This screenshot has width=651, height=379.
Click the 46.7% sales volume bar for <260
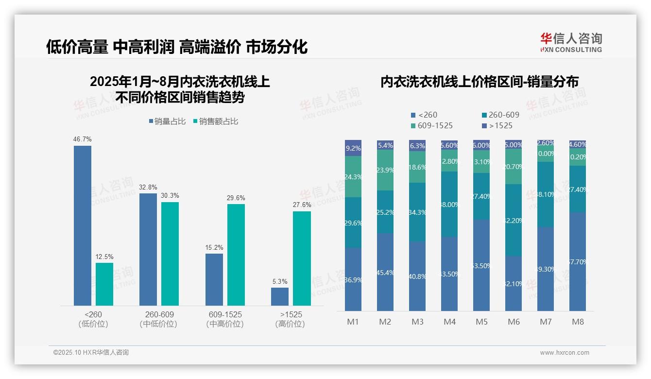click(83, 225)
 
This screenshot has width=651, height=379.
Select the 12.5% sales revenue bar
click(104, 284)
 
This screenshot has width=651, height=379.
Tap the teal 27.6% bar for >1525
click(302, 258)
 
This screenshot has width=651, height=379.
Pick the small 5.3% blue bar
click(280, 296)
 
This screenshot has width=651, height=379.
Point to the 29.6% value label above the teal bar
click(236, 198)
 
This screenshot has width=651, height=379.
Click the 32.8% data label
click(148, 188)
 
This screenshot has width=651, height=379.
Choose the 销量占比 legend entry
click(167, 121)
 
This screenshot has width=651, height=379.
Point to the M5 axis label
click(481, 322)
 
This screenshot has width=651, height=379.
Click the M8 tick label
click(578, 322)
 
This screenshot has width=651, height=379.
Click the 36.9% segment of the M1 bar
click(353, 279)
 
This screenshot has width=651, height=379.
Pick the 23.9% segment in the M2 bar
click(385, 170)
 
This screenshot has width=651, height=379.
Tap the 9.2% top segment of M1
click(353, 148)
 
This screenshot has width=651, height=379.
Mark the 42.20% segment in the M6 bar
click(514, 220)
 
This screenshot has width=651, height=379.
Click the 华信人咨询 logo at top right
click(571, 42)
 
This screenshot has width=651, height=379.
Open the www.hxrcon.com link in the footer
click(565, 353)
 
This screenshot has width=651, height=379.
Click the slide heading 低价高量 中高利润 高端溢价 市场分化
click(177, 47)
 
